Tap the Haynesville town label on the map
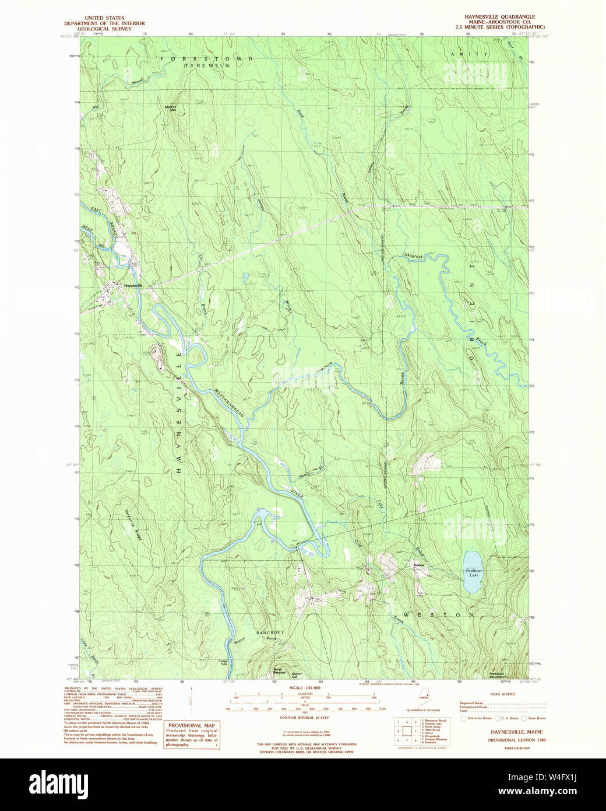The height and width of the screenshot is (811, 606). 133,285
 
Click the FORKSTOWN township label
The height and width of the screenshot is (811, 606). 207,59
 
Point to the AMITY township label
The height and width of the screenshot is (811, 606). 468,54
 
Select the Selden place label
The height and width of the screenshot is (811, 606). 418,565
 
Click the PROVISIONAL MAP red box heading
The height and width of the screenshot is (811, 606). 192,725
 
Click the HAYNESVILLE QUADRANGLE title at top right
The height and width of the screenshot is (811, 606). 501,17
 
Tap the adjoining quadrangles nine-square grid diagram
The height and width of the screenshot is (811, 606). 406,730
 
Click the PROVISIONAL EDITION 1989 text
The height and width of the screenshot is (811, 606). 509,739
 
